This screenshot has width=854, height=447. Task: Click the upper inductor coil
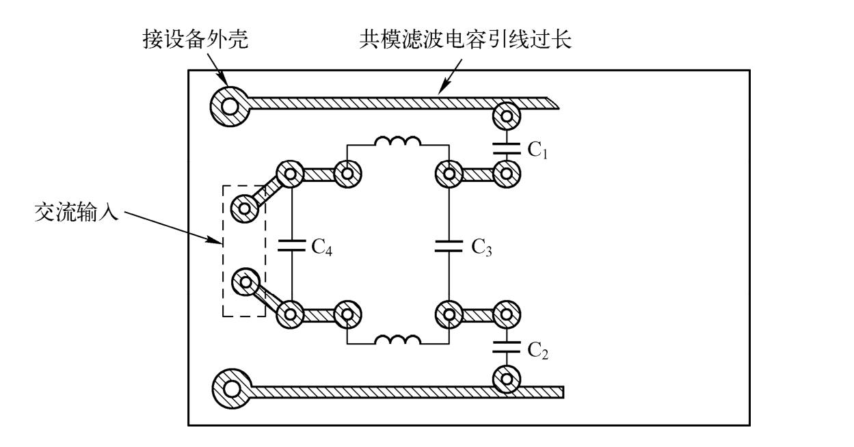point(397,143)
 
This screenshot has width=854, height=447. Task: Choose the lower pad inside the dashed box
point(244,282)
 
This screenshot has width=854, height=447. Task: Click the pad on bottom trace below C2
point(507,378)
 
